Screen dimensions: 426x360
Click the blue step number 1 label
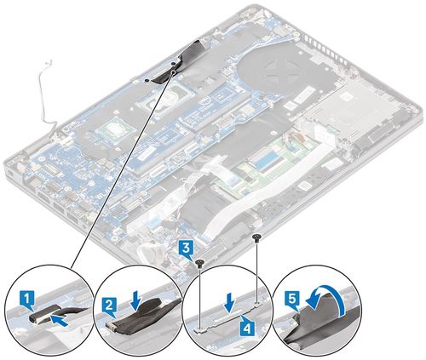27,300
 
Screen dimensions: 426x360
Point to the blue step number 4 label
246,329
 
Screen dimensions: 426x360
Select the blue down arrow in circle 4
230,304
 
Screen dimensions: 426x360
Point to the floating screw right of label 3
256,237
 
